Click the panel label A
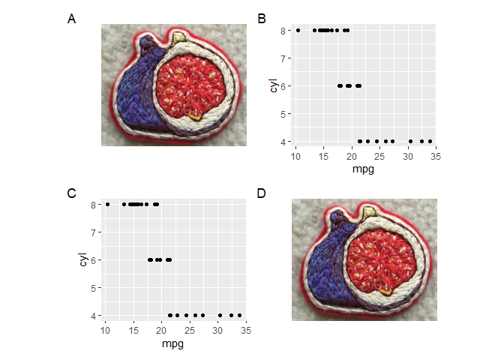coord(71,19)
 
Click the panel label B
coord(261,19)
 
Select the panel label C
coord(71,193)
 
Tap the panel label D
coord(261,193)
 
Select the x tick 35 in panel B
coord(435,156)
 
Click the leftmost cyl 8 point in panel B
coord(298,30)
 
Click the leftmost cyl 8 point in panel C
coord(107,204)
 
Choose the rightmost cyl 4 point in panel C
coord(240,315)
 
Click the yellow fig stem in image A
coord(178,38)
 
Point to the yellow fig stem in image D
coord(369,213)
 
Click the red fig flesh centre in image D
coord(387,256)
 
